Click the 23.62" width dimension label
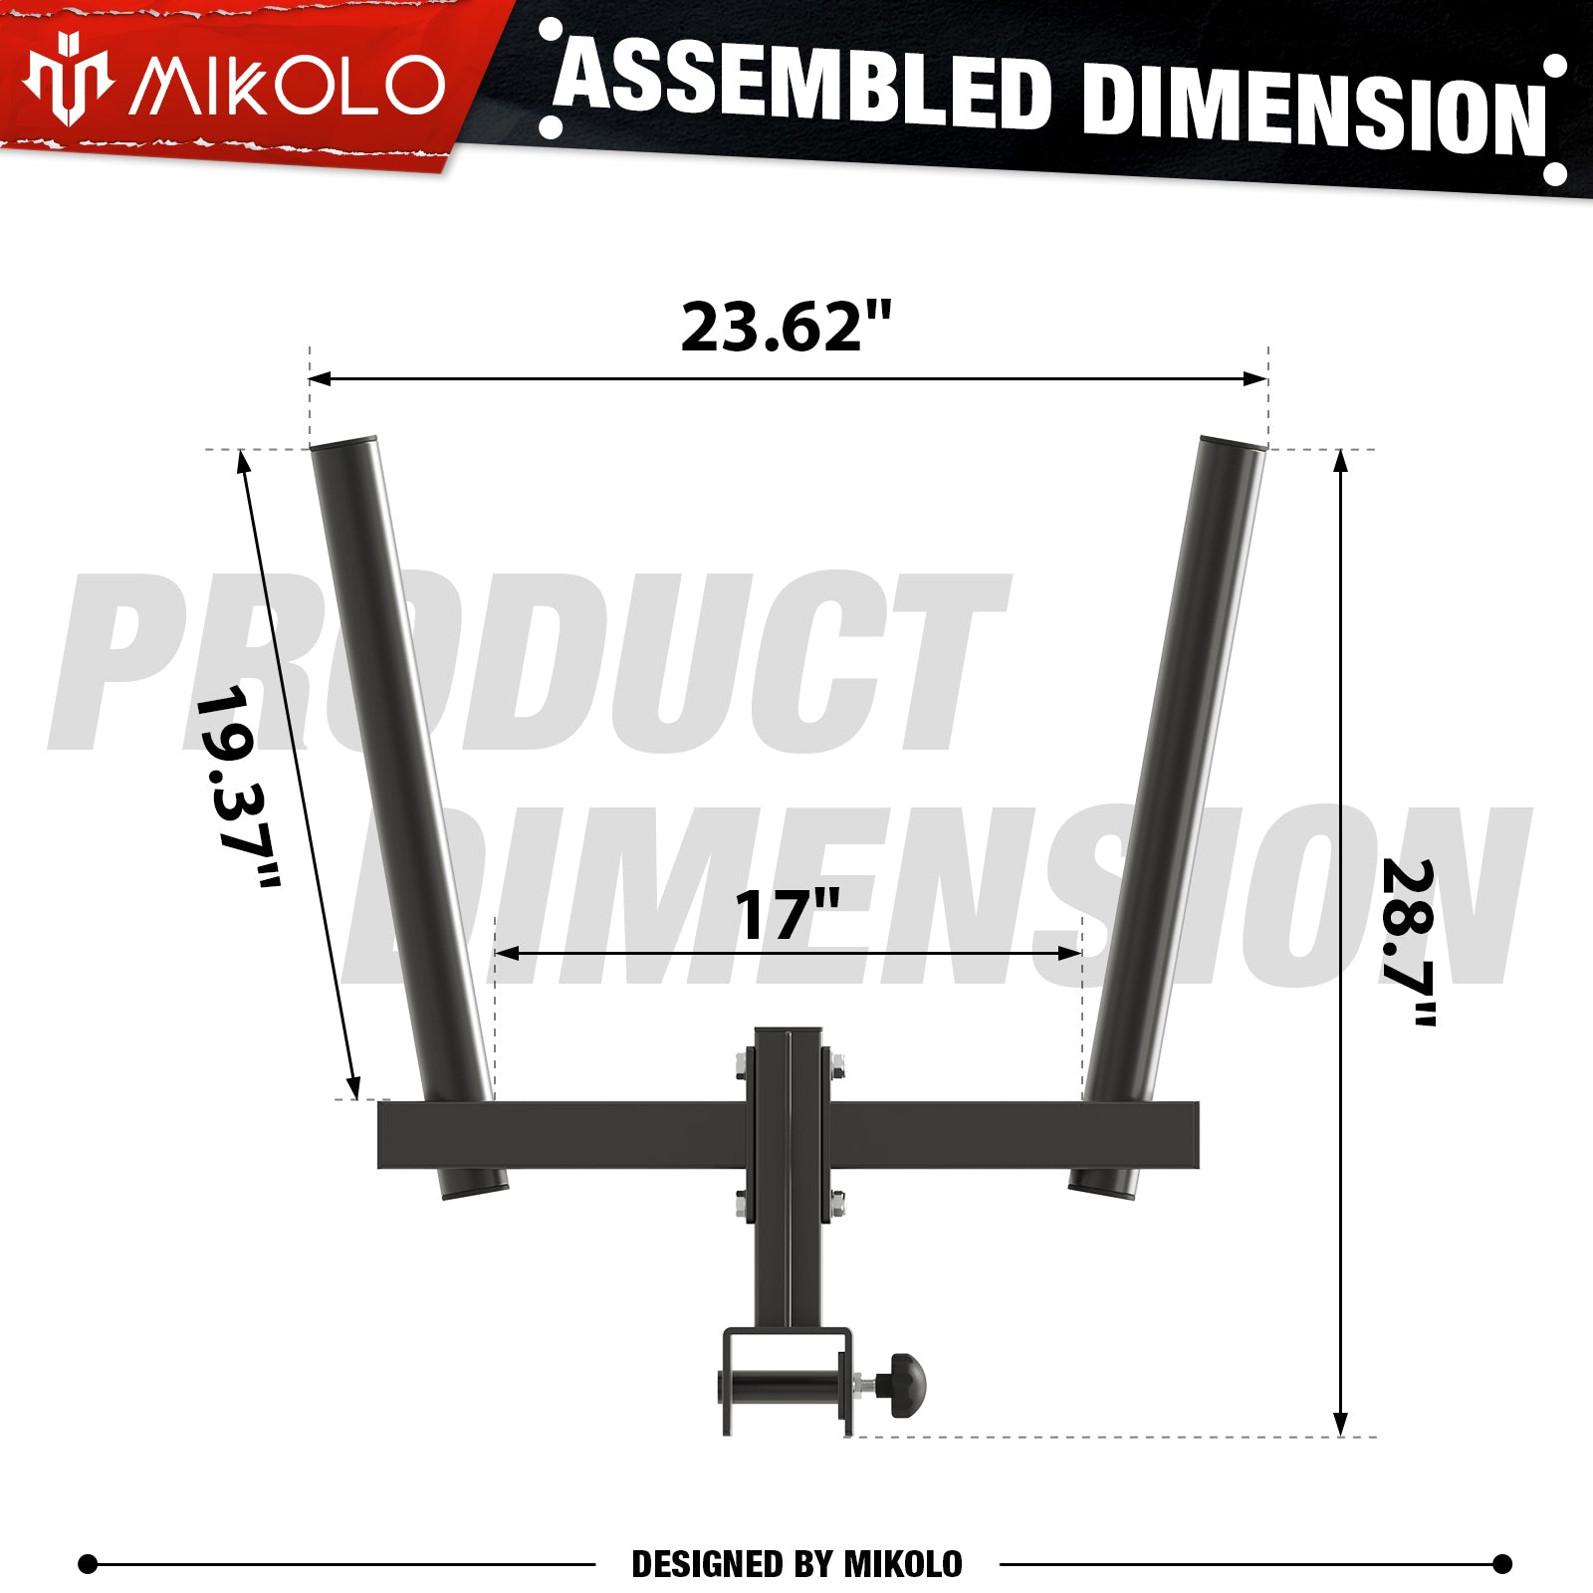786,327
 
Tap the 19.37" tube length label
239,787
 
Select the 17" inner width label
787,916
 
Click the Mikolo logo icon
67,80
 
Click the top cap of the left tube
343,443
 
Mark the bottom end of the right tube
1100,1186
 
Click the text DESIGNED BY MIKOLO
796,1564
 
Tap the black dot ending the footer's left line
88,1564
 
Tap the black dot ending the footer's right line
1502,1564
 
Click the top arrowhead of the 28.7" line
1340,460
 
